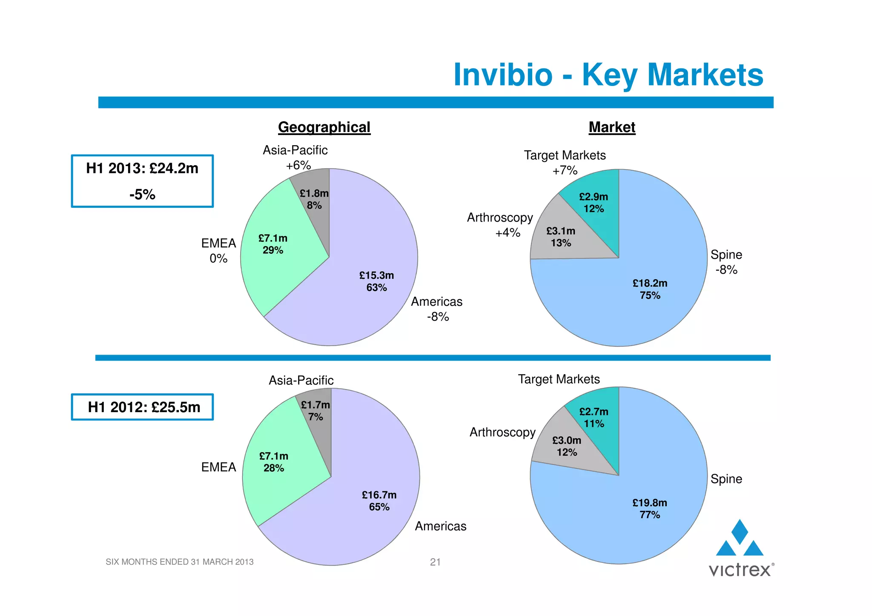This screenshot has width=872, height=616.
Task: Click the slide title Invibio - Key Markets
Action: [x=608, y=75]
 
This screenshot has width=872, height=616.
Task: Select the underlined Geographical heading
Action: [x=324, y=127]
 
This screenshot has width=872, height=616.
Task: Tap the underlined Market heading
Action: [x=611, y=127]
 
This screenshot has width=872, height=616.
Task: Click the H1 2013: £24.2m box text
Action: [x=142, y=169]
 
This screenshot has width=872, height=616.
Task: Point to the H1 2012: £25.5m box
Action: [x=142, y=407]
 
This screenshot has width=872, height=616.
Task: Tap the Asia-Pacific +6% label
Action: [x=295, y=158]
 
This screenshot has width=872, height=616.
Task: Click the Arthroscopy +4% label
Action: [x=500, y=225]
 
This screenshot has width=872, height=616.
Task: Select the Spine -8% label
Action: [x=726, y=262]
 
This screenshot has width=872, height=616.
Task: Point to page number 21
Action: [x=435, y=562]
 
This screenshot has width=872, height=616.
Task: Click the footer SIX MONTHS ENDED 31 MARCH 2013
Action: [x=179, y=562]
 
